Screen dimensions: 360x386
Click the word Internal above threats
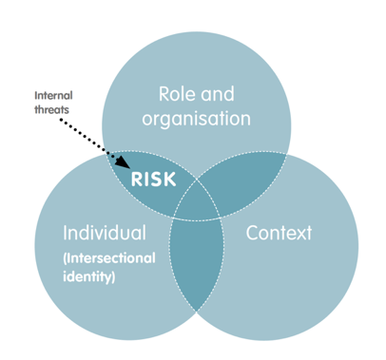click(x=52, y=96)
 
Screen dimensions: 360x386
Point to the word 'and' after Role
click(x=227, y=96)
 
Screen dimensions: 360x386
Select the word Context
click(x=280, y=234)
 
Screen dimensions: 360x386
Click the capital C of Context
click(x=252, y=234)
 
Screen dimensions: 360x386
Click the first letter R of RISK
click(x=136, y=178)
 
